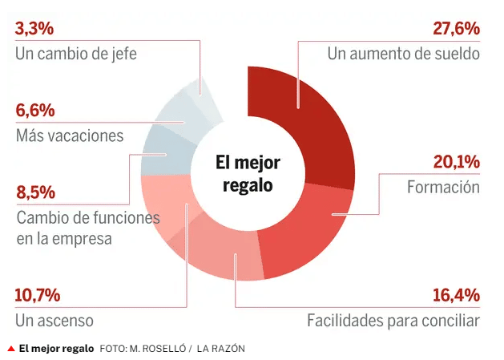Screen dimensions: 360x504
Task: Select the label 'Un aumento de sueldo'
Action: tap(403, 55)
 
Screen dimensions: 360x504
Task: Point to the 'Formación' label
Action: tap(443, 188)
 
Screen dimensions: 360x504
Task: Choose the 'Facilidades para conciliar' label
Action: tap(393, 321)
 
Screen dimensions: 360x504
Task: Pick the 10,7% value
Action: tap(38, 294)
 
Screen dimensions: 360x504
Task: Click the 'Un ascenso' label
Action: tap(54, 321)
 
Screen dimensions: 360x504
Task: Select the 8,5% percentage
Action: tap(34, 192)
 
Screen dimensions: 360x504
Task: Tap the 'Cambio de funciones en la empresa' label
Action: tap(88, 228)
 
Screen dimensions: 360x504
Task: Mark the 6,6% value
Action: tap(34, 110)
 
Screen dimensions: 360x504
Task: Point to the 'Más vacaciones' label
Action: tap(70, 136)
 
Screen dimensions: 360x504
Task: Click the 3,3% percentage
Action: tap(34, 29)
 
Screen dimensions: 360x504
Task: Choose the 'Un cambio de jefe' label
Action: tap(76, 55)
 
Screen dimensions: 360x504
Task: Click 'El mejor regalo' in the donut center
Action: tap(248, 173)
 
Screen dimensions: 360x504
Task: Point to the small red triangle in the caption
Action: tap(10, 349)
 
